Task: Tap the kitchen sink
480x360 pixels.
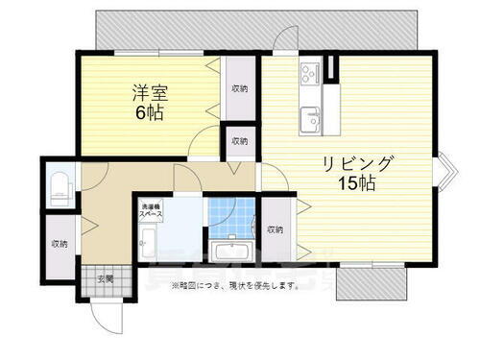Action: [x=312, y=117]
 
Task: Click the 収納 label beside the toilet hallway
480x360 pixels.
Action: [x=60, y=243]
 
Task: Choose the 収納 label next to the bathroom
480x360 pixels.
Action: [x=276, y=229]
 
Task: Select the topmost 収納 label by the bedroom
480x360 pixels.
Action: [x=238, y=87]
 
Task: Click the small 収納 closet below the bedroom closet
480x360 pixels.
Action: [x=238, y=141]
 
